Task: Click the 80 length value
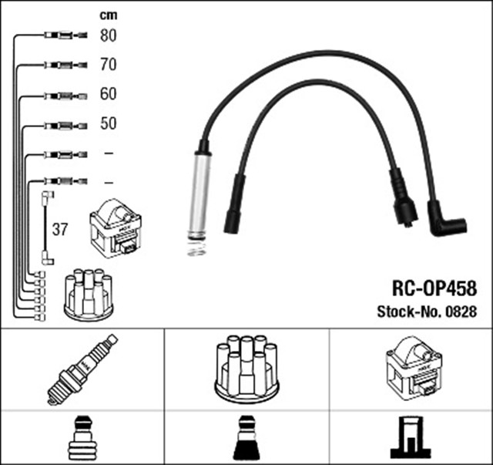108,35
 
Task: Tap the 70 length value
108,65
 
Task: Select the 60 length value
108,95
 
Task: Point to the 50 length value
108,123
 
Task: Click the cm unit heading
108,14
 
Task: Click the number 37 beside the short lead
60,229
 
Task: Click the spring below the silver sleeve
197,248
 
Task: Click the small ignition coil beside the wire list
116,227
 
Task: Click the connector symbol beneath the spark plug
82,438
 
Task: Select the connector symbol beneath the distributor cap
246,438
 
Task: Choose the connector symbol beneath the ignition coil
411,438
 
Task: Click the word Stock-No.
404,312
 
